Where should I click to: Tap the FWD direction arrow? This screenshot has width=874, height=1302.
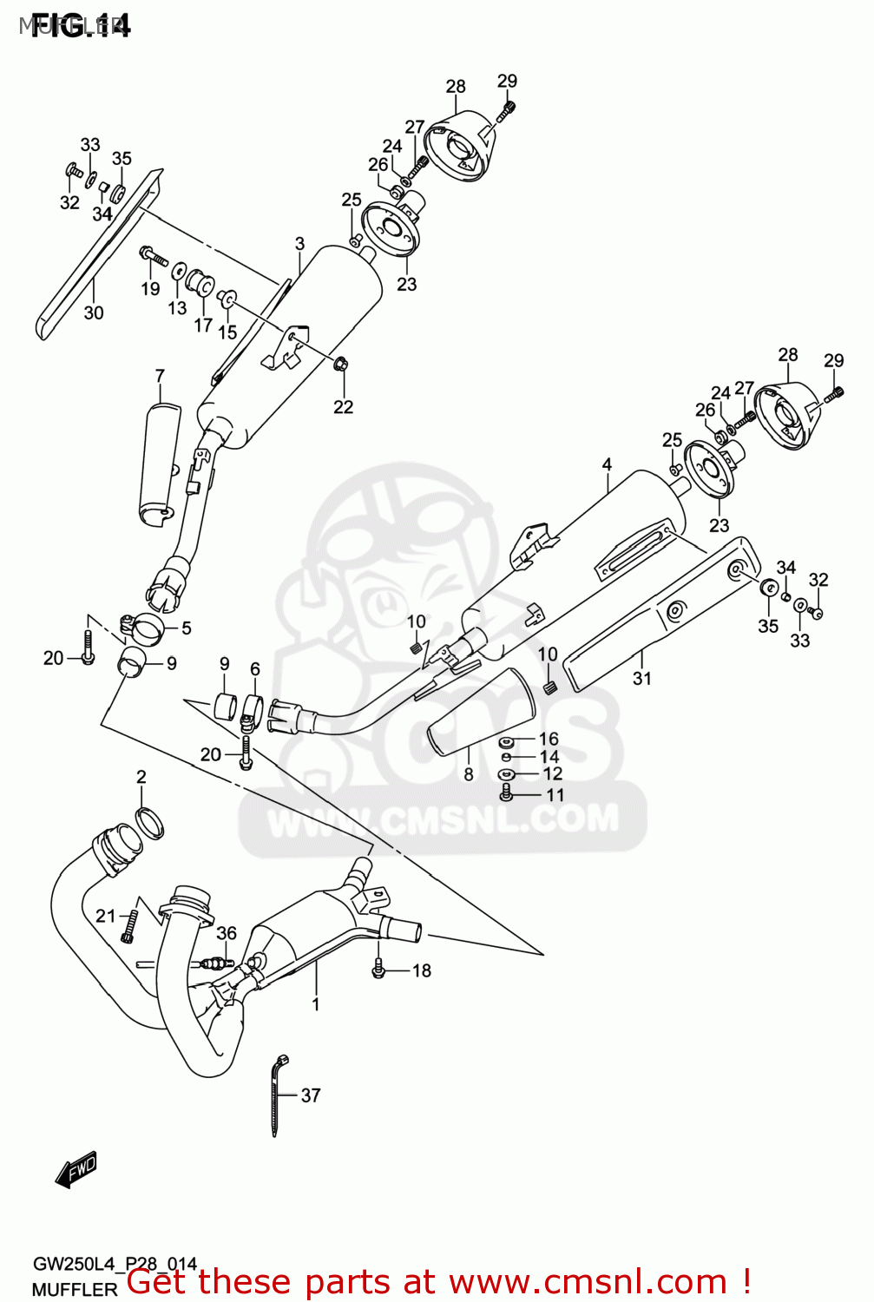coord(76,1169)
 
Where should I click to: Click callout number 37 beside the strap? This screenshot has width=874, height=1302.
coord(311,1095)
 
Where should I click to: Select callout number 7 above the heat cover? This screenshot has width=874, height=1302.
coord(160,376)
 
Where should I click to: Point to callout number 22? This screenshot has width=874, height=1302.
coord(343,406)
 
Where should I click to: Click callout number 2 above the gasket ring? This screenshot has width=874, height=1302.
coord(141,777)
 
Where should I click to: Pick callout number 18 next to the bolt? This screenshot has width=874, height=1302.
coord(422,970)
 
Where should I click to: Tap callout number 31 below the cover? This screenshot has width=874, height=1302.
coord(641,678)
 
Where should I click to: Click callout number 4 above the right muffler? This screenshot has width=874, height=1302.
coord(607,465)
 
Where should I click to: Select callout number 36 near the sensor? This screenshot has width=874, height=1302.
coord(227,933)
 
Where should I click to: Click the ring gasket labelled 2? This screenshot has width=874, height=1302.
coord(150,822)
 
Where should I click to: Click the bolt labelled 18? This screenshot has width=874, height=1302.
coord(379,969)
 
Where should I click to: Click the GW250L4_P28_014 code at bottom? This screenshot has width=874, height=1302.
coord(115,1264)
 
